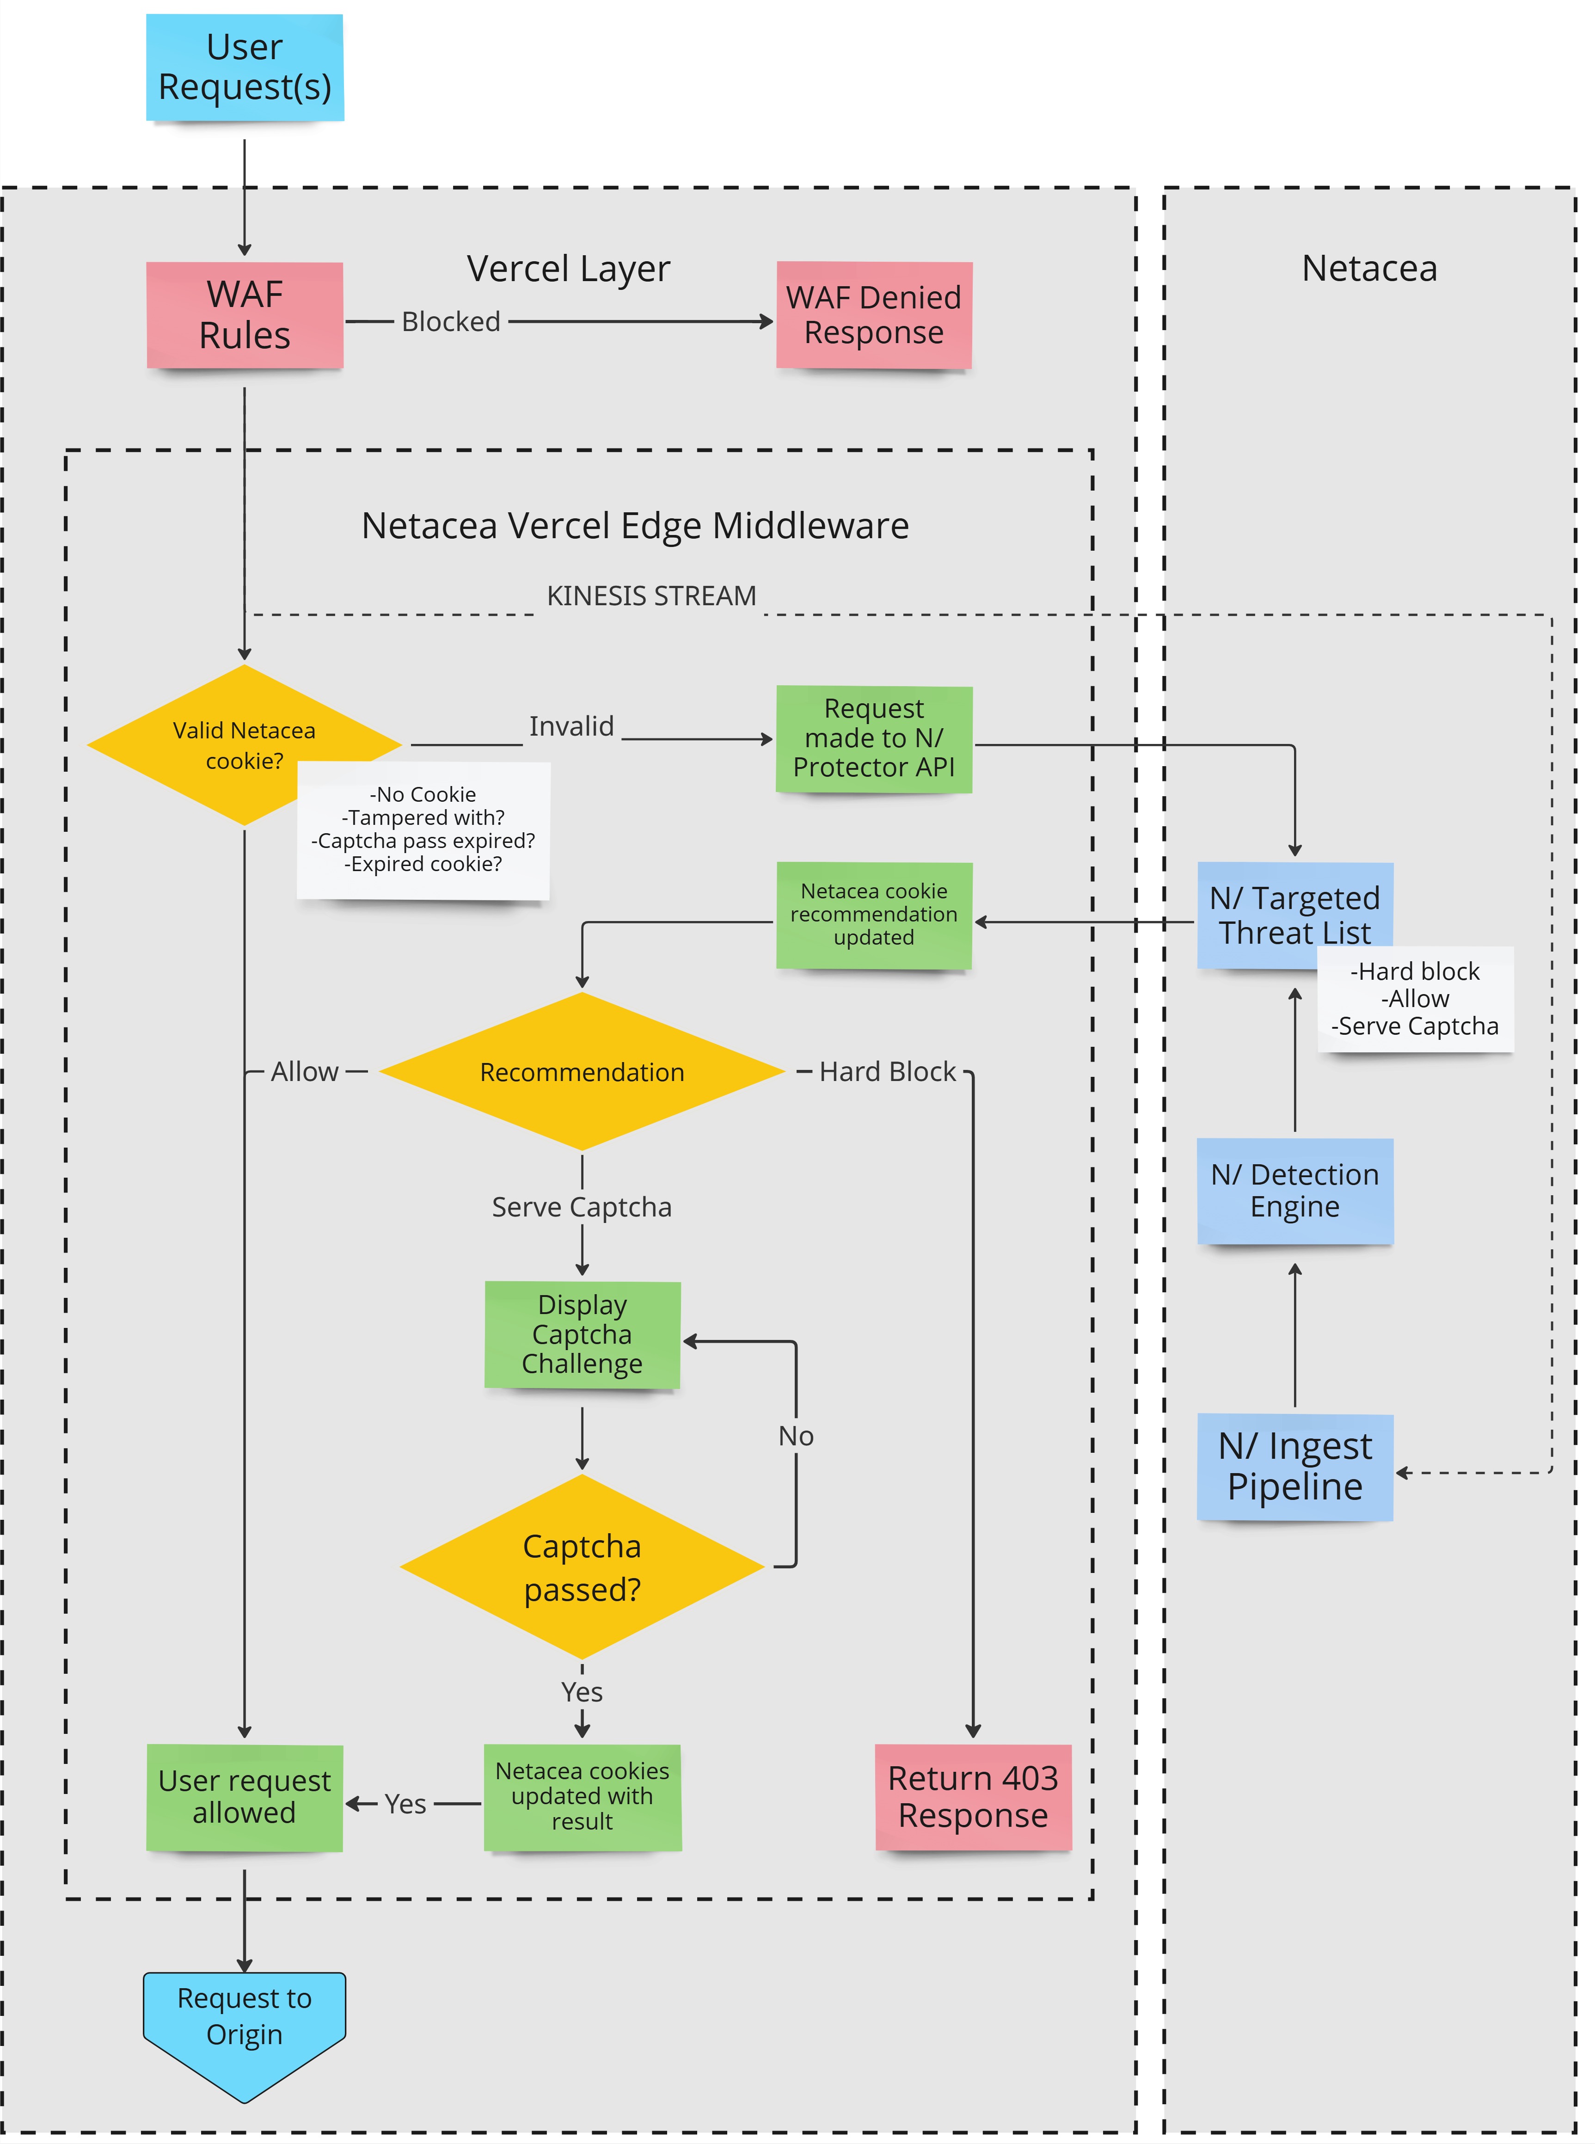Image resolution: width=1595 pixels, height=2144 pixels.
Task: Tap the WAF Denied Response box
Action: pyautogui.click(x=874, y=315)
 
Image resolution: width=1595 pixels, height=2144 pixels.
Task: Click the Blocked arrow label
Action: pyautogui.click(x=451, y=321)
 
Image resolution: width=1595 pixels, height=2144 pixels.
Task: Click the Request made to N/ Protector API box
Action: pyautogui.click(x=874, y=738)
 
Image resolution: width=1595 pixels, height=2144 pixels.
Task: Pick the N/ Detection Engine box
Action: pyautogui.click(x=1295, y=1190)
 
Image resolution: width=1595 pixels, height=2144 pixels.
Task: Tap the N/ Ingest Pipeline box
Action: pyautogui.click(x=1295, y=1466)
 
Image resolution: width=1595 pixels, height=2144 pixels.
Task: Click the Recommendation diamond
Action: pyautogui.click(x=582, y=1071)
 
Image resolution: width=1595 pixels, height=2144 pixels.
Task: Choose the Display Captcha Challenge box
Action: pyautogui.click(x=582, y=1334)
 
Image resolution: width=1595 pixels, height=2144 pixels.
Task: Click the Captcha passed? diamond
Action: pyautogui.click(x=582, y=1567)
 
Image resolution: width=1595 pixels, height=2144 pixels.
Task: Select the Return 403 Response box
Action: pyautogui.click(x=973, y=1796)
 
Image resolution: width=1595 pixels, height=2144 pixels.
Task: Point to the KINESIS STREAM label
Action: pyautogui.click(x=652, y=596)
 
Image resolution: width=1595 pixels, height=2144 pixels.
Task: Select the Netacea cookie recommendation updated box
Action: pyautogui.click(x=874, y=914)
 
